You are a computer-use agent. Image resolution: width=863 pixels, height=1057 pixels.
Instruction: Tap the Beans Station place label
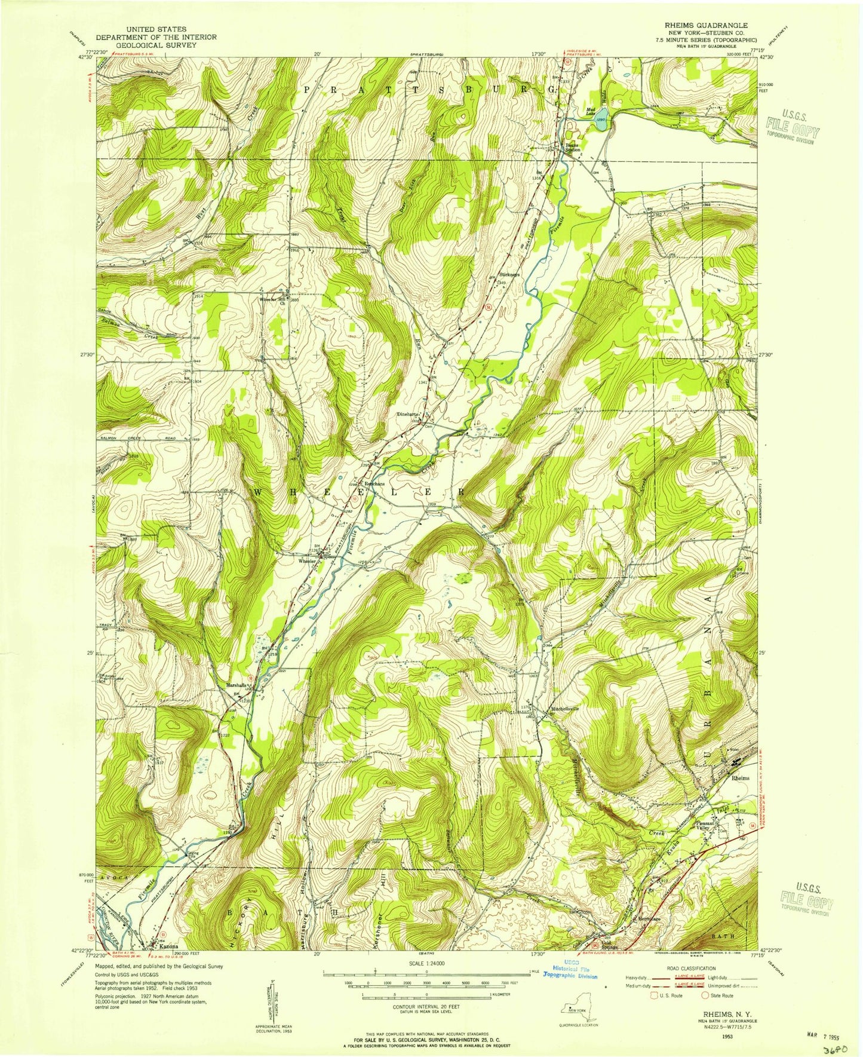point(573,146)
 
